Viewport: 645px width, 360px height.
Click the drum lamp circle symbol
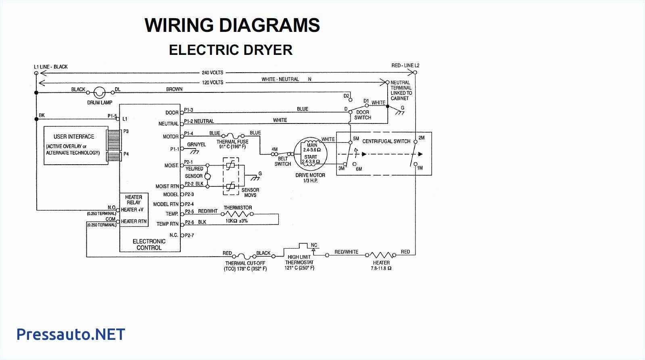(100, 93)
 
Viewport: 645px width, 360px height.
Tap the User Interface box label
(74, 137)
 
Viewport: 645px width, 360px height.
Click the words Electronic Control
(149, 245)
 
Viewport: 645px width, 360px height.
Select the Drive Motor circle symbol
(310, 153)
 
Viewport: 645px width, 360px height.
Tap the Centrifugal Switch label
(386, 141)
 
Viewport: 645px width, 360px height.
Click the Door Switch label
(363, 115)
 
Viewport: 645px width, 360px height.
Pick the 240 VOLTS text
(213, 73)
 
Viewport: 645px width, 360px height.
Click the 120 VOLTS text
(213, 82)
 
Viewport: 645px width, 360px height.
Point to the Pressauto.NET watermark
(71, 334)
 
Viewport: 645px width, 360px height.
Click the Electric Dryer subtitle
(230, 50)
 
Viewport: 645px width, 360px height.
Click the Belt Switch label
(283, 161)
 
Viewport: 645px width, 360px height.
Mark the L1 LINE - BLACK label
(51, 67)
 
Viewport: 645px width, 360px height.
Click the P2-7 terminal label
(189, 235)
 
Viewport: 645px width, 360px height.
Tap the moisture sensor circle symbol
(208, 176)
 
